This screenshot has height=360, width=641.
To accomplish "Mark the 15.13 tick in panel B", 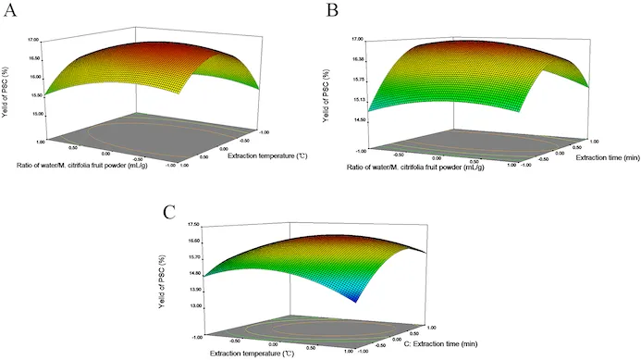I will coord(358,99).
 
